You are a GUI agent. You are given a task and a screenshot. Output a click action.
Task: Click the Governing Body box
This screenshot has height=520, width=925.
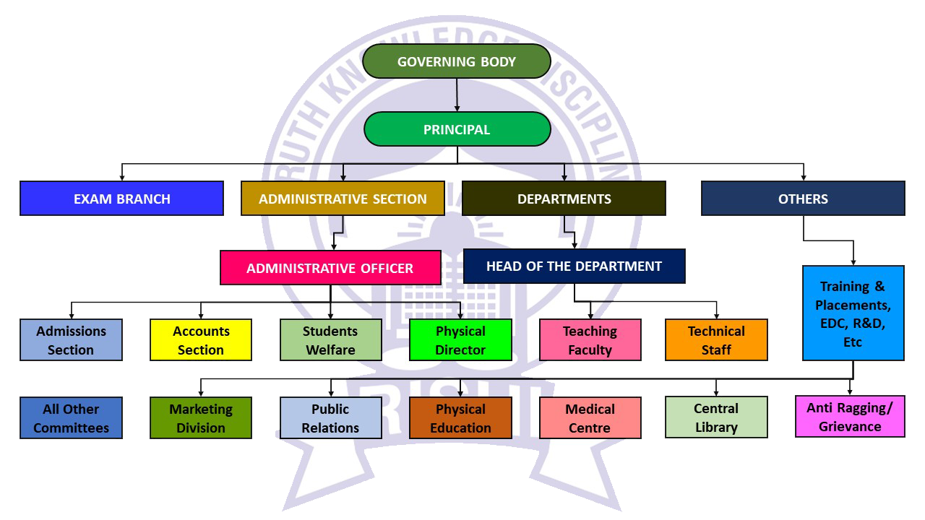click(457, 61)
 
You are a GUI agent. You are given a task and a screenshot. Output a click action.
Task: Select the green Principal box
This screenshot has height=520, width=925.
click(457, 129)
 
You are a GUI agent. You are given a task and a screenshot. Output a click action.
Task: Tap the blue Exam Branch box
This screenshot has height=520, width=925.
click(121, 199)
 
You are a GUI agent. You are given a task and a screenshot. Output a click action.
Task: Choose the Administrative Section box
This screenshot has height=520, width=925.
click(343, 199)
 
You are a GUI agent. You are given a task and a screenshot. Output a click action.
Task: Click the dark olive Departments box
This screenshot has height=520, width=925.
click(564, 199)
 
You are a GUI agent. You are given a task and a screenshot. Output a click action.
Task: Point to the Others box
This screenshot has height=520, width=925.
click(803, 199)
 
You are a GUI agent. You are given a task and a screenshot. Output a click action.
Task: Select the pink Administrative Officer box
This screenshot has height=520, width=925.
click(330, 268)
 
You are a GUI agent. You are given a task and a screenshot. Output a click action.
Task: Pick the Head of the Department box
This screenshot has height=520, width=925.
click(574, 266)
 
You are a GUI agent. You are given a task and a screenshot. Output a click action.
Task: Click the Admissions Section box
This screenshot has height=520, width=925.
click(71, 340)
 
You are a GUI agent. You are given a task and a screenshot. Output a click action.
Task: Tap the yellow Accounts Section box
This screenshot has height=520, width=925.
click(201, 340)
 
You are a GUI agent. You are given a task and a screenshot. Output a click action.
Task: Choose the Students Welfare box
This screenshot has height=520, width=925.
click(330, 340)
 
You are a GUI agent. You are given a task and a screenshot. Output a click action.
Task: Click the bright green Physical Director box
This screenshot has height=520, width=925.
click(460, 340)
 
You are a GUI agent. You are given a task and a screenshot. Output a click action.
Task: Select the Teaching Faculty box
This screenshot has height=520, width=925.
click(590, 340)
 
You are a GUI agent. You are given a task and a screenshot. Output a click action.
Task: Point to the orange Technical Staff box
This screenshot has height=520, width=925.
click(716, 340)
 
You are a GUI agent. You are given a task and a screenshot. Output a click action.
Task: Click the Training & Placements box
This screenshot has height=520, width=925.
click(853, 313)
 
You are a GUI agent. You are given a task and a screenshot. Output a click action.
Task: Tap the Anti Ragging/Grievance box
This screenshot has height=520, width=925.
click(850, 417)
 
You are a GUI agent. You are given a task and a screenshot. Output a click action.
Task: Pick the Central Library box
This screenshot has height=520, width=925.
click(716, 417)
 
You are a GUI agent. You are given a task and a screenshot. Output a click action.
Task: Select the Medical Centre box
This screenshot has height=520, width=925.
click(590, 418)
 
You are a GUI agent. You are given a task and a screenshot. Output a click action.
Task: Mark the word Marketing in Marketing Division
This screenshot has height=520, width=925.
click(201, 409)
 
